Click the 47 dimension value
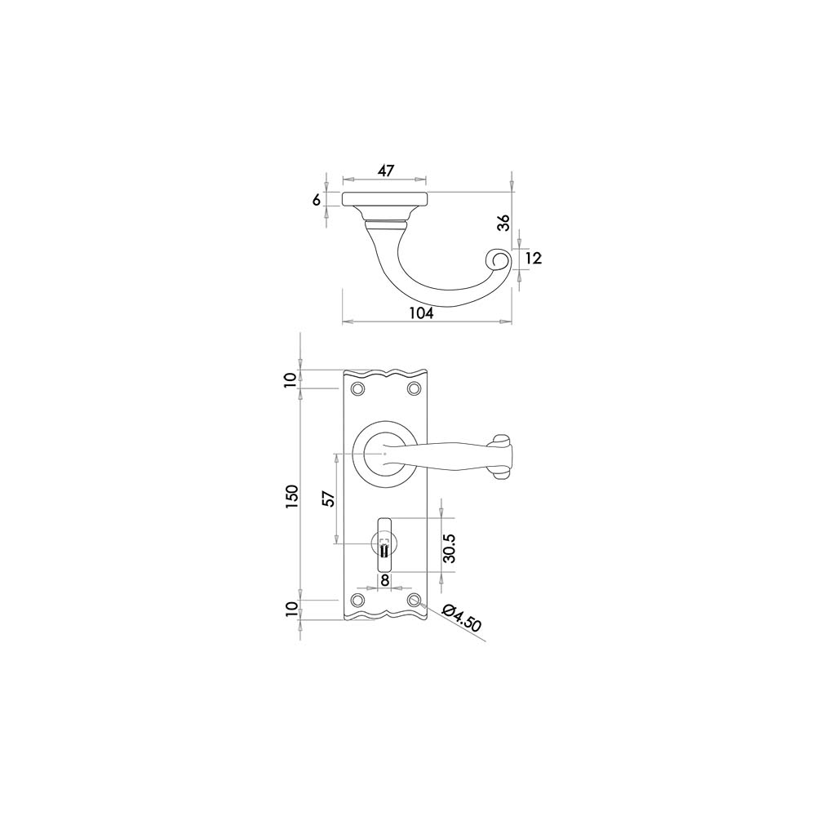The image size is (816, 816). pyautogui.click(x=385, y=171)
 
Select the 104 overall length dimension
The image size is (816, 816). pyautogui.click(x=422, y=313)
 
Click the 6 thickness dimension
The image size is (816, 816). pyautogui.click(x=317, y=199)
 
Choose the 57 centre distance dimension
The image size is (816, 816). pyautogui.click(x=328, y=499)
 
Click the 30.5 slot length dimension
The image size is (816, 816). pyautogui.click(x=450, y=548)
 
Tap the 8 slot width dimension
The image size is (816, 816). pyautogui.click(x=384, y=580)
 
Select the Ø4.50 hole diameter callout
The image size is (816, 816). pyautogui.click(x=462, y=618)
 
